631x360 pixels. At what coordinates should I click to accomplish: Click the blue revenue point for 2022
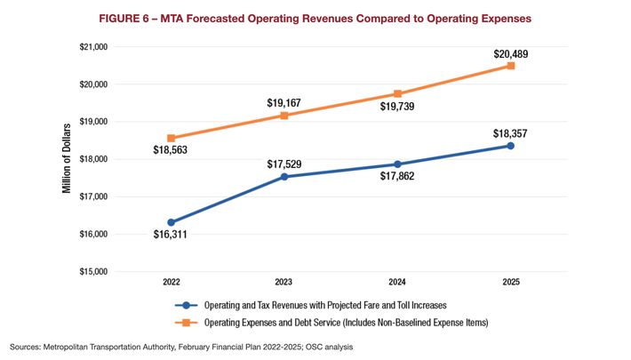(171, 222)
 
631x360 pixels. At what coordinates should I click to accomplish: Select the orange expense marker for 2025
(511, 66)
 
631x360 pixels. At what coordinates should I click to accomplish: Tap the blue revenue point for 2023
(284, 176)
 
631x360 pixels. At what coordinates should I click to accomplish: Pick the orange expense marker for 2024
(397, 94)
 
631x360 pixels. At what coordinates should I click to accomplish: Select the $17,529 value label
(284, 164)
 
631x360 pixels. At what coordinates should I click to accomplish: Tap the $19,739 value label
(397, 107)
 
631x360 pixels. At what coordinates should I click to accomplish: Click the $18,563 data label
(172, 151)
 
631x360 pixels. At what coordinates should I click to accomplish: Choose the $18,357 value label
(511, 133)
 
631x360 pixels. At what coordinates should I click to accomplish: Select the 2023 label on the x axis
(284, 282)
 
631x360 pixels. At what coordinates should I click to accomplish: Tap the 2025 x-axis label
(511, 282)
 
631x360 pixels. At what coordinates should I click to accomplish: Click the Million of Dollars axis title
(68, 159)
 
